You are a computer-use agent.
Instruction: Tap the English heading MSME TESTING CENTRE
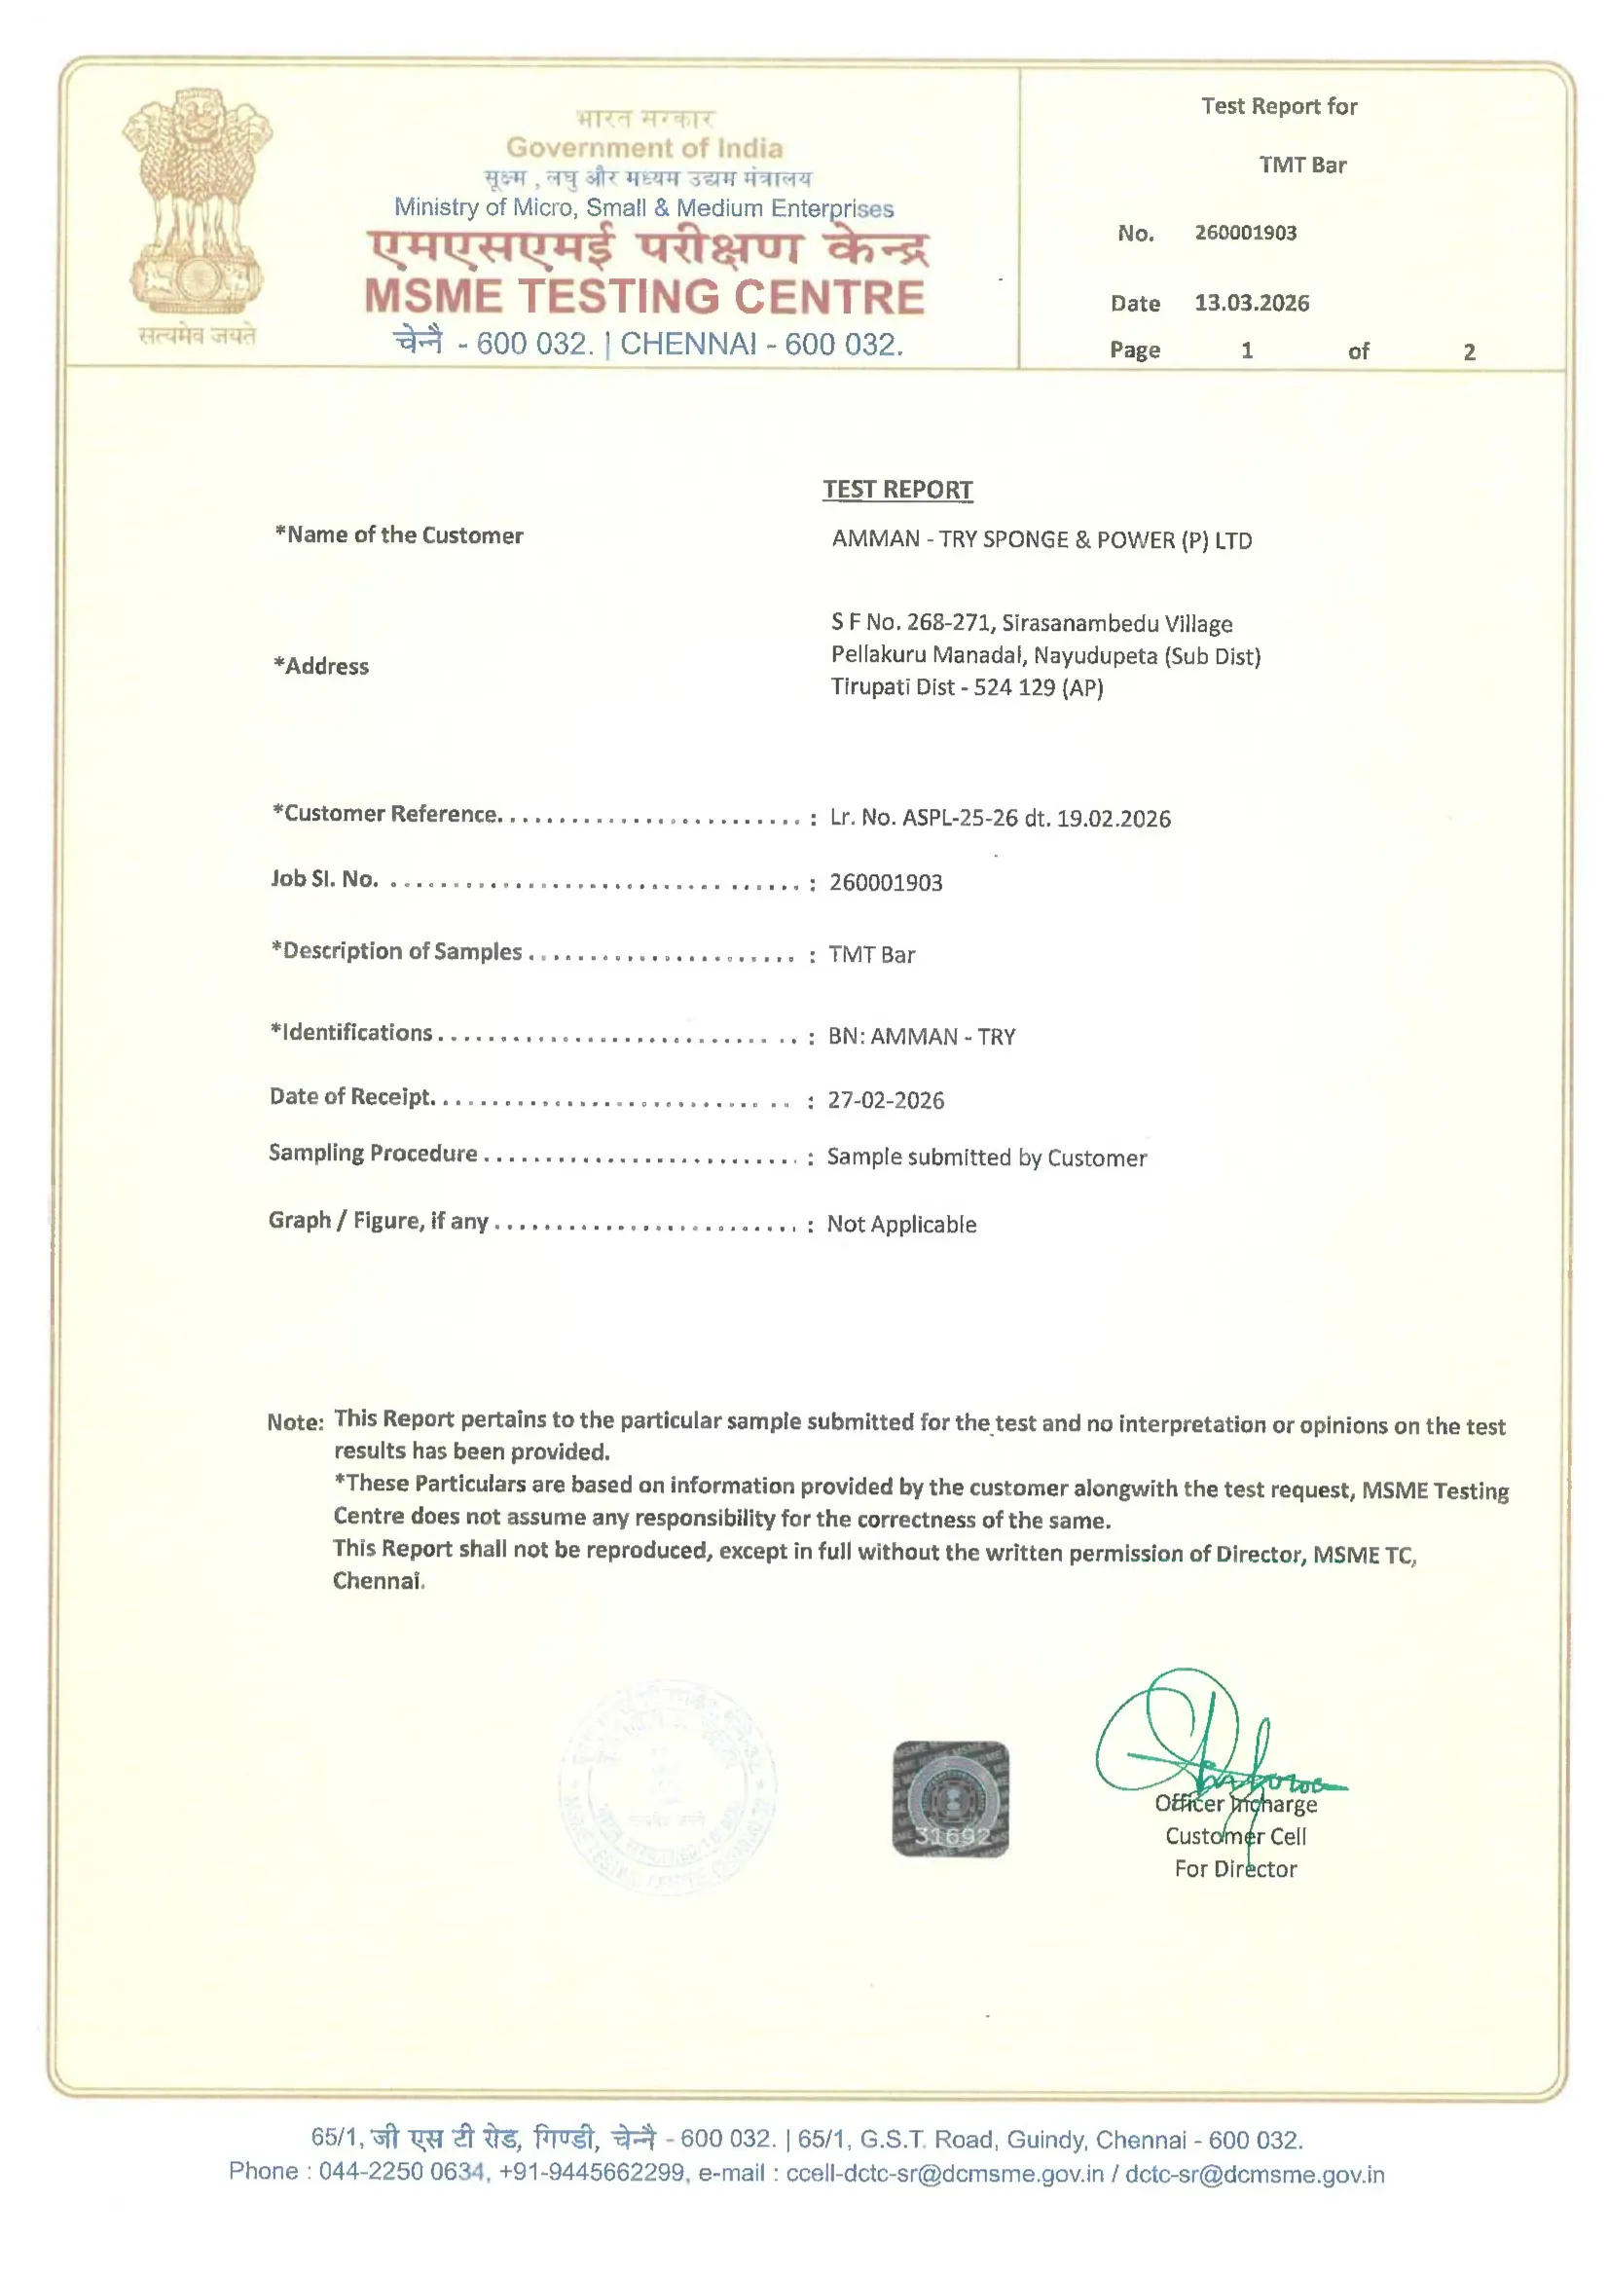coord(644,297)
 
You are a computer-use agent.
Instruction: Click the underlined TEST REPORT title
coord(897,490)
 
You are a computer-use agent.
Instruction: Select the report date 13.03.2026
coord(1251,304)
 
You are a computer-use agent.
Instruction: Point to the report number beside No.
coord(1245,233)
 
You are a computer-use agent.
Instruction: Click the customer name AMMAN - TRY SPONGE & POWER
coord(1041,540)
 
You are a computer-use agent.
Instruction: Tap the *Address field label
coord(321,666)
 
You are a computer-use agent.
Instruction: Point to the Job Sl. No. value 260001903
coord(886,882)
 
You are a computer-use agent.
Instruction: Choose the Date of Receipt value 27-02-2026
coord(886,1100)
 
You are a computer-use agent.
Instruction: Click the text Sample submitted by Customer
coord(986,1157)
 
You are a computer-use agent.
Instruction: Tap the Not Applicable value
coord(901,1225)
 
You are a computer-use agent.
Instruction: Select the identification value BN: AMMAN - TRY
coord(922,1037)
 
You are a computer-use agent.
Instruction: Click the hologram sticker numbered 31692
coord(951,1799)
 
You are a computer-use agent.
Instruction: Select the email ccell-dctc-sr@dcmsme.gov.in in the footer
coord(944,2174)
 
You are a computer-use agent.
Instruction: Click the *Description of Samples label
coord(396,952)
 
